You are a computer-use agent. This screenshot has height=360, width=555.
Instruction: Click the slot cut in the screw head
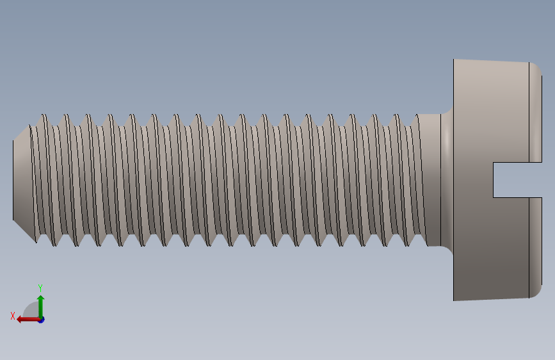point(517,180)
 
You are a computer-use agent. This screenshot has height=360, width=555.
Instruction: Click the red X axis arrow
point(28,320)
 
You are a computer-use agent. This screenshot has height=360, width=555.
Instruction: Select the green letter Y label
point(40,288)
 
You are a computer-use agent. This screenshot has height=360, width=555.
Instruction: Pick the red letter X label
point(13,316)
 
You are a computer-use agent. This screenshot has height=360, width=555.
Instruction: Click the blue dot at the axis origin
point(42,320)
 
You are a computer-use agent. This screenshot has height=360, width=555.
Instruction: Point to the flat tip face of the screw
point(13,180)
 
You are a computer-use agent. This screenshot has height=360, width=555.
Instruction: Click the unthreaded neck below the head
point(431,180)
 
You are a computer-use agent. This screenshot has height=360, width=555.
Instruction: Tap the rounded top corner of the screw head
point(536,68)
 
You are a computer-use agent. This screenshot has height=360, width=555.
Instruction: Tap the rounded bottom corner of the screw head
point(536,291)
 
